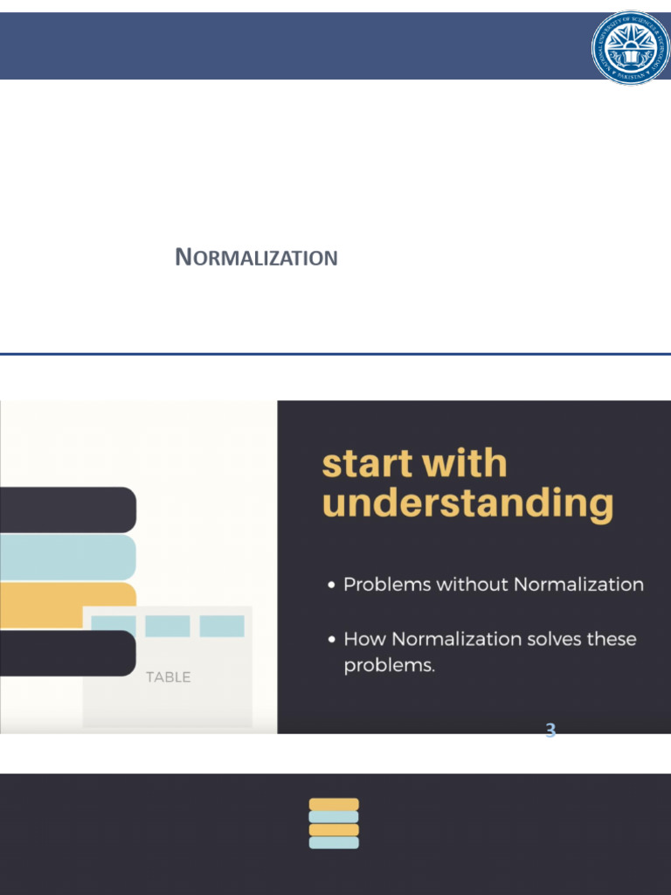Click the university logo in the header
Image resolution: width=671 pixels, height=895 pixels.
point(630,47)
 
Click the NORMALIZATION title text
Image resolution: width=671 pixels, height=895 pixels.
point(256,258)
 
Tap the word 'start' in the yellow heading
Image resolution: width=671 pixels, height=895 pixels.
point(367,464)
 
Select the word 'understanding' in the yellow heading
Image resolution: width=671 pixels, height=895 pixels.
point(467,504)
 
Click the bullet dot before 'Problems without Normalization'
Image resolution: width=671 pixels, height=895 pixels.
point(332,585)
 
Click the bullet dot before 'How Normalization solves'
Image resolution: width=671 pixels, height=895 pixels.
point(332,640)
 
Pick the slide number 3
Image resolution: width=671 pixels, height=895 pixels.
point(550,731)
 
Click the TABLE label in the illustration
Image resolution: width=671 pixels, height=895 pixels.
point(168,677)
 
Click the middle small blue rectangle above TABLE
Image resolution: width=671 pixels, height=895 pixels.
point(168,626)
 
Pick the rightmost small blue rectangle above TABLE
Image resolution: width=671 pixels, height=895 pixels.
point(222,626)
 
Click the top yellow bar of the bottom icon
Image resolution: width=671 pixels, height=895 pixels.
point(334,804)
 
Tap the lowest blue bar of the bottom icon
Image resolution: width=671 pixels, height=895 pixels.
point(334,843)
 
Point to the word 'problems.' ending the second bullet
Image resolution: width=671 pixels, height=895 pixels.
point(389,666)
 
